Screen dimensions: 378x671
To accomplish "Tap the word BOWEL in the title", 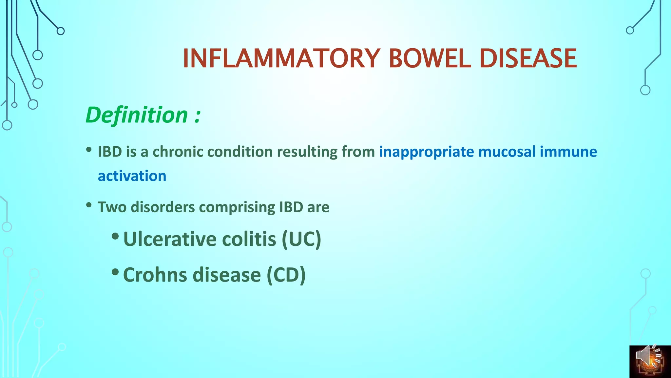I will (x=430, y=58).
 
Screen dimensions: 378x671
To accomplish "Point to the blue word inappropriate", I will (x=426, y=152).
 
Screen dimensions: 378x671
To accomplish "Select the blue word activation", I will (x=132, y=176).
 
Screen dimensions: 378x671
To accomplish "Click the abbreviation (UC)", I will (x=301, y=239).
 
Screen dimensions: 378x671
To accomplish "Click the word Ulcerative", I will (x=170, y=239).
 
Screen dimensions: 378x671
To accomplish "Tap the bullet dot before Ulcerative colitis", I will (x=115, y=236).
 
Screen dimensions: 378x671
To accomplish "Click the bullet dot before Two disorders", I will (x=89, y=205).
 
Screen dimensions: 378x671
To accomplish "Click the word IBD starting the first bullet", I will (x=110, y=152).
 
